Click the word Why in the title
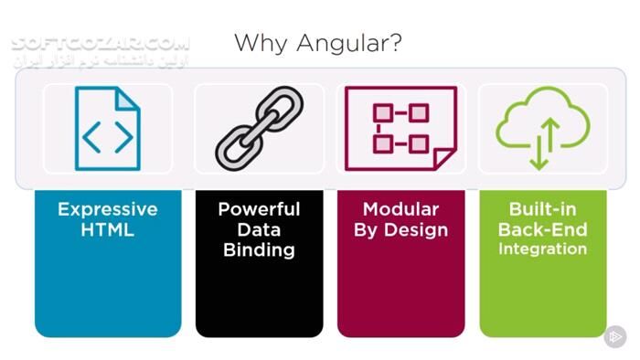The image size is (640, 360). click(x=260, y=42)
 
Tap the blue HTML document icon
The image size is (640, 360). click(x=107, y=128)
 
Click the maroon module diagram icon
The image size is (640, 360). click(x=400, y=129)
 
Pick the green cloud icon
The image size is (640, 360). click(x=542, y=128)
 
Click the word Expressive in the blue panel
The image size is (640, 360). click(x=107, y=209)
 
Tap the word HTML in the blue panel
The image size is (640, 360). click(x=107, y=230)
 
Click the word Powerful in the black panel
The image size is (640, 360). click(x=259, y=209)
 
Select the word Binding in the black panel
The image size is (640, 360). click(x=259, y=250)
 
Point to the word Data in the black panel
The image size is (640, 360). click(x=259, y=230)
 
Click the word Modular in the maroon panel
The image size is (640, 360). click(x=400, y=209)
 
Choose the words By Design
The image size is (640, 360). click(x=400, y=230)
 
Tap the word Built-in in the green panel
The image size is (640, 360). click(x=542, y=209)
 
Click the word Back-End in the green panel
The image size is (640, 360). click(x=542, y=229)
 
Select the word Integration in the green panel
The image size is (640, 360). click(x=542, y=249)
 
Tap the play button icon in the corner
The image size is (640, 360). click(x=613, y=337)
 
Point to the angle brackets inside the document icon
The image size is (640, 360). click(x=107, y=136)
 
